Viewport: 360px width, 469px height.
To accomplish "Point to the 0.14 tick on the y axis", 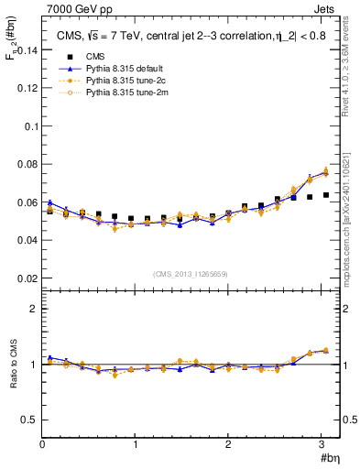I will pyautogui.click(x=27, y=51).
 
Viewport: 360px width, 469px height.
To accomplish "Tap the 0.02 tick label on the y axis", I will pyautogui.click(x=27, y=278).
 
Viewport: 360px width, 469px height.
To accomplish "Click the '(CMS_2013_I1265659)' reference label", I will pyautogui.click(x=191, y=274).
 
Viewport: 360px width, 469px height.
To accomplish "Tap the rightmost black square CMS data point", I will pyautogui.click(x=325, y=195).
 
